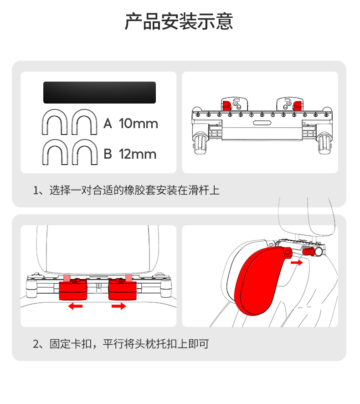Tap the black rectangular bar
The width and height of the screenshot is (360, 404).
coord(99,93)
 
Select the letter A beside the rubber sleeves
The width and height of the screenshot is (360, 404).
coord(108,124)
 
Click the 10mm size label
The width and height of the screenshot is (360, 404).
coord(138,124)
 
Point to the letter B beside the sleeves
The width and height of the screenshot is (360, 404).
coord(108,154)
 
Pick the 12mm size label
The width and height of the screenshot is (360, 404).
coord(138,154)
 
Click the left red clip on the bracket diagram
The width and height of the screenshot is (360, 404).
coord(226,104)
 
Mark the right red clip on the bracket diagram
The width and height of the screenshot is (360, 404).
coord(298,104)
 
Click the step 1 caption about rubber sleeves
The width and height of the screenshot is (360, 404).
coord(126,190)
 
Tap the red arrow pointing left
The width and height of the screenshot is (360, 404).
coord(75,306)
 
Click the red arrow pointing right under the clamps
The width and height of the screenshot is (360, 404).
coord(118,306)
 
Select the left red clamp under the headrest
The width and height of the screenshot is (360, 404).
coord(73,290)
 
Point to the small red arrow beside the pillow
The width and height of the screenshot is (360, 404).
coord(297,263)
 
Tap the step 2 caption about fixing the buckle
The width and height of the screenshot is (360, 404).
coord(121,344)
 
